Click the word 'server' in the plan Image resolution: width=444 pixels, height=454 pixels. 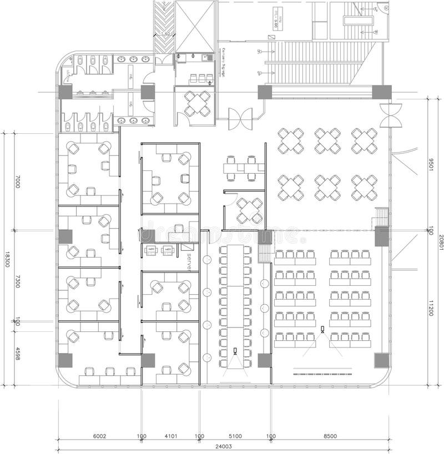point(189,261)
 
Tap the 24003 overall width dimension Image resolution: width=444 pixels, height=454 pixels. point(224,446)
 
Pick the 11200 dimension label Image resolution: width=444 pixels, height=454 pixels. point(430,306)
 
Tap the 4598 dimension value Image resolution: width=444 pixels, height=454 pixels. point(17,354)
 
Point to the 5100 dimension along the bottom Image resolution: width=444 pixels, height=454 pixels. point(235,436)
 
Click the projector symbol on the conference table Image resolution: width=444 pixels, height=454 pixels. point(235,351)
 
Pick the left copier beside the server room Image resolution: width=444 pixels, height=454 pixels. point(150,250)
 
